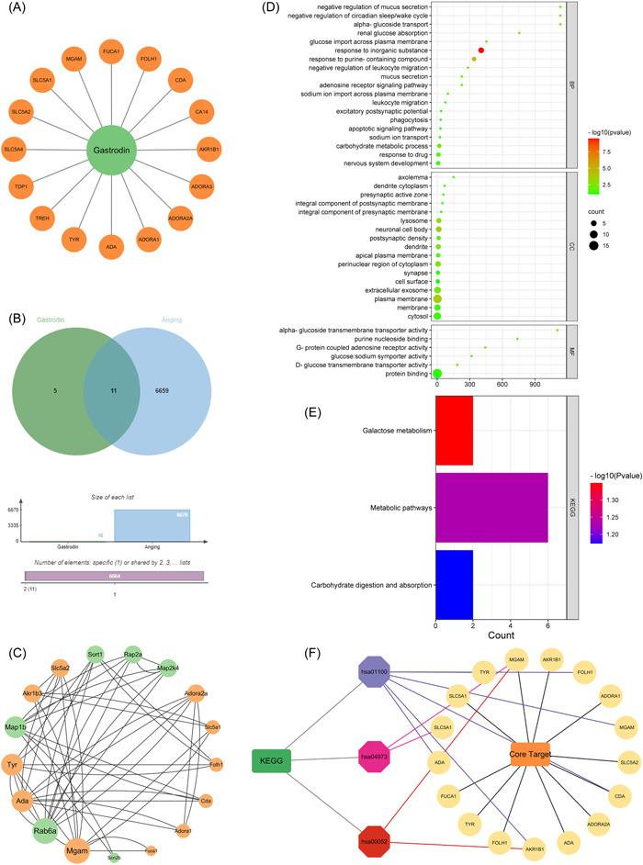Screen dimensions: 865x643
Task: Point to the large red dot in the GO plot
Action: point(481,51)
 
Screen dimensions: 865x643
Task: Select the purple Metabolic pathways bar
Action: point(491,507)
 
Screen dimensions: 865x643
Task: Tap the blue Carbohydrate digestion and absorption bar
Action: point(454,583)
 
